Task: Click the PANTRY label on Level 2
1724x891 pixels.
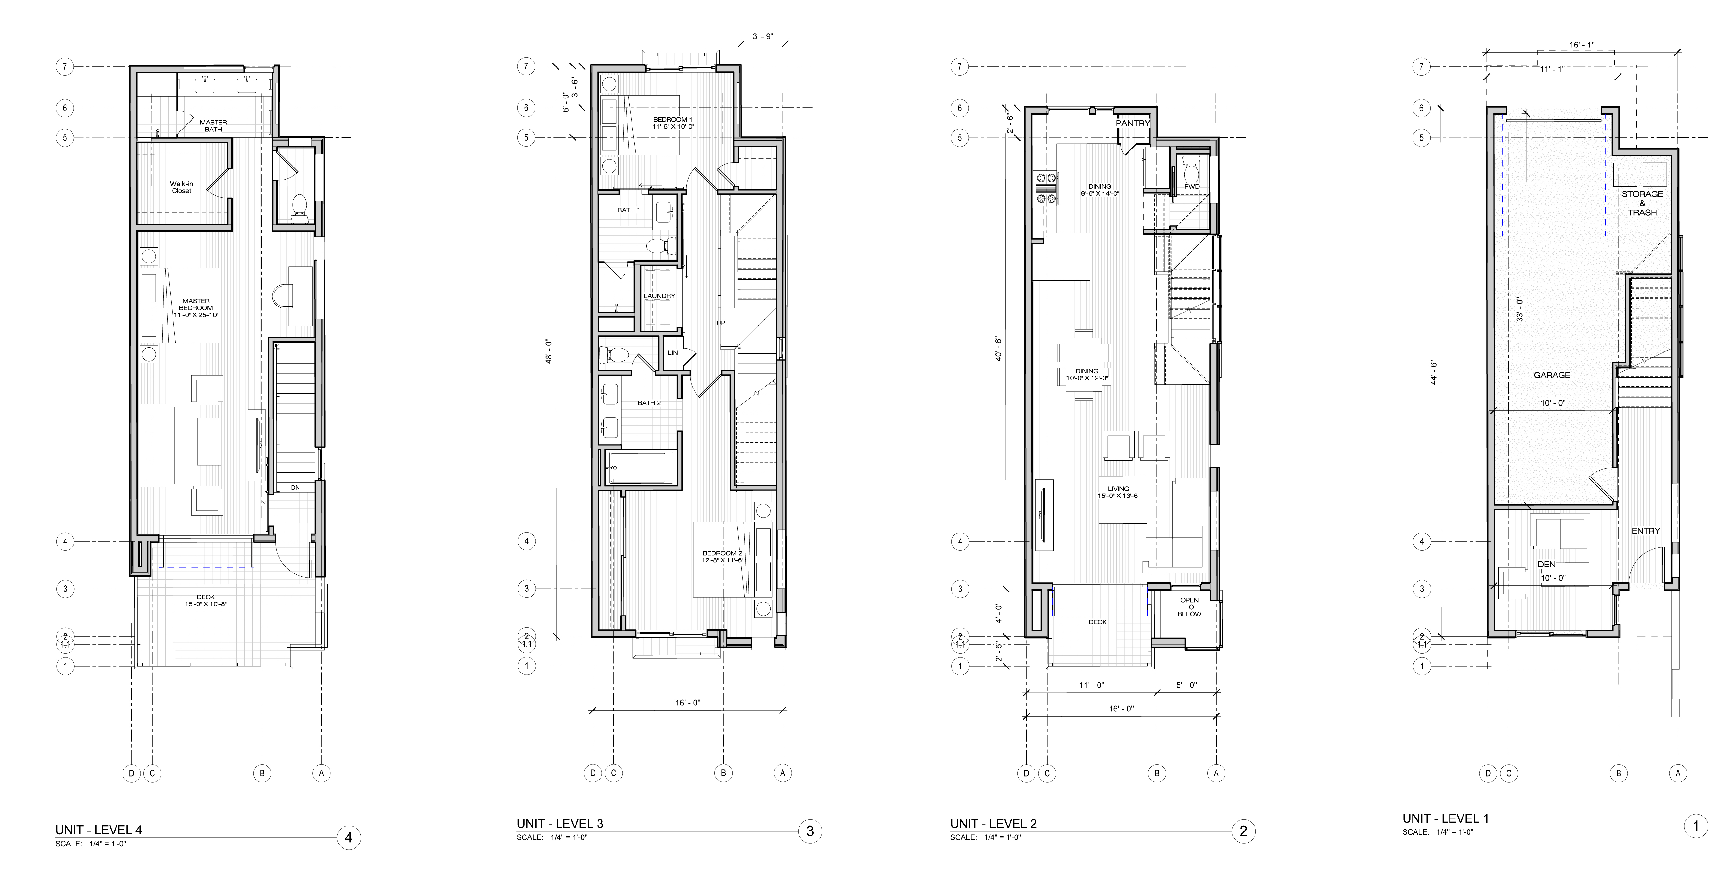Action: pos(1132,123)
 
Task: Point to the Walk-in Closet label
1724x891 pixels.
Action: pos(181,187)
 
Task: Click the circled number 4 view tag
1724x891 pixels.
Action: pos(349,837)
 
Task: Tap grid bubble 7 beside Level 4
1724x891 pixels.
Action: pos(65,66)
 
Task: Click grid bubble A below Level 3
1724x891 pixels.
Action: pos(782,773)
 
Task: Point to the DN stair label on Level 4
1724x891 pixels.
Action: pos(295,488)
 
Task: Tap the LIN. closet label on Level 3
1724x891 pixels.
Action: pos(673,353)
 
